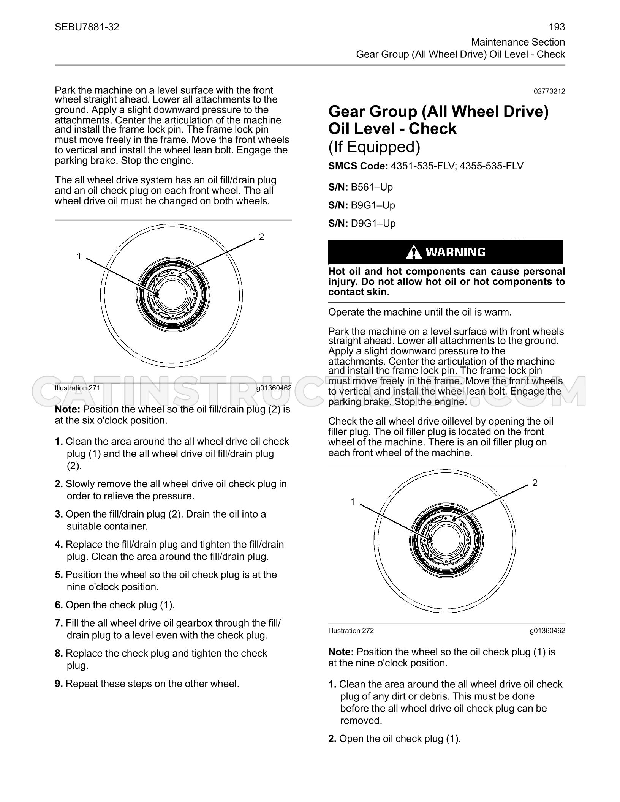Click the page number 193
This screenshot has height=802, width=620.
click(557, 27)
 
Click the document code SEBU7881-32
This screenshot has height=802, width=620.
click(87, 27)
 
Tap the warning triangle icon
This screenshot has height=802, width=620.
click(413, 252)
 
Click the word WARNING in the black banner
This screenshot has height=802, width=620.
click(456, 252)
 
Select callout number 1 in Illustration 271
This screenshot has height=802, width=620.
click(79, 256)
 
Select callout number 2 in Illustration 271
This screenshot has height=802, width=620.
click(261, 237)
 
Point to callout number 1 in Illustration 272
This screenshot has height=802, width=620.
click(353, 502)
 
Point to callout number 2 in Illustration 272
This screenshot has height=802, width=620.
click(535, 483)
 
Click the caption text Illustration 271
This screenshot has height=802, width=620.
click(77, 388)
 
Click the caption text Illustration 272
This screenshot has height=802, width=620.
click(351, 631)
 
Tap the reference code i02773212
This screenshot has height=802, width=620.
click(549, 92)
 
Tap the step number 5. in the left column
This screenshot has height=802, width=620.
click(59, 575)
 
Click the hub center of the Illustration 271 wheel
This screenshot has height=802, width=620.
click(172, 295)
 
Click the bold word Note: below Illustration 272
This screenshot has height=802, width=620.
click(341, 652)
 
